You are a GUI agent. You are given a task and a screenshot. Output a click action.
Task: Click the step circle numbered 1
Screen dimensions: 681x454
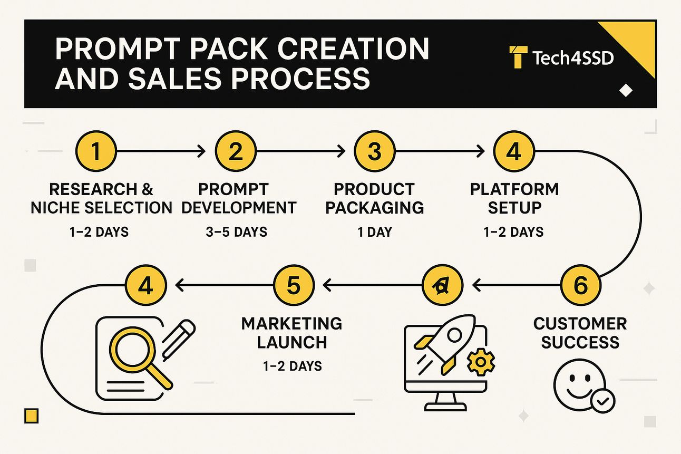[96, 151]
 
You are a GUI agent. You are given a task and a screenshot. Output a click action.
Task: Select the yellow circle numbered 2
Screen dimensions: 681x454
[236, 151]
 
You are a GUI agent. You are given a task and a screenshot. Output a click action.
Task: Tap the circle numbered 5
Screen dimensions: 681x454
[294, 285]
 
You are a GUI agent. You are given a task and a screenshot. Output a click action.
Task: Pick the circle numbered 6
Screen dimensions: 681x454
[581, 285]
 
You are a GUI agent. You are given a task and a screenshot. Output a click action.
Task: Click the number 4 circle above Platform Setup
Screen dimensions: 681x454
[514, 151]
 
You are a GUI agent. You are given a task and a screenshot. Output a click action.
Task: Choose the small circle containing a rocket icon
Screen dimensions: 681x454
[443, 285]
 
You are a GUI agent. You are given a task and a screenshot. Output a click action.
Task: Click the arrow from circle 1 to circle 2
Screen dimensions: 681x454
[161, 151]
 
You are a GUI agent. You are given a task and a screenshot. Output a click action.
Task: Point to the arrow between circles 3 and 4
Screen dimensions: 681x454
[440, 151]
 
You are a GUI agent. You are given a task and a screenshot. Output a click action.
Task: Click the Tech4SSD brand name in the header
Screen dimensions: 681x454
[573, 58]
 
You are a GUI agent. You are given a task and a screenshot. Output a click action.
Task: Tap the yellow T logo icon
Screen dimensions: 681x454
[518, 57]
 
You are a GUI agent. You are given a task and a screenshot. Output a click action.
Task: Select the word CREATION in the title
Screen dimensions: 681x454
[353, 49]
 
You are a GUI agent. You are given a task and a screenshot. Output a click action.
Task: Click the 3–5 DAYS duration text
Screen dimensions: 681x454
[237, 232]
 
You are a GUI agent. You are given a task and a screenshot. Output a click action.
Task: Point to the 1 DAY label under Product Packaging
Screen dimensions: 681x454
[375, 232]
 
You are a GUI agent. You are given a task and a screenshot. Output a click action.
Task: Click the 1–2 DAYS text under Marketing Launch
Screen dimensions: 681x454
[293, 366]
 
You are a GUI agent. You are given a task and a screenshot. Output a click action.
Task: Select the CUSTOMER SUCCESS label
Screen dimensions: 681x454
[580, 333]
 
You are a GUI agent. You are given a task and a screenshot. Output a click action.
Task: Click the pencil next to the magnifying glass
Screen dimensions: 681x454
[179, 340]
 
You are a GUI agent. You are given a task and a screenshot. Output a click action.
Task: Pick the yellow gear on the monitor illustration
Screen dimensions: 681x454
[481, 362]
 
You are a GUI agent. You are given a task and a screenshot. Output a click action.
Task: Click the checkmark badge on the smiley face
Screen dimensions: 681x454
[602, 401]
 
